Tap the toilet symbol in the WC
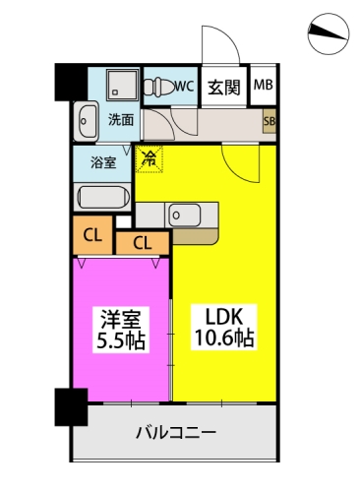click(x=157, y=86)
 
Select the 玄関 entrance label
click(x=223, y=87)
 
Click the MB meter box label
click(x=264, y=85)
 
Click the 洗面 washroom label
click(x=121, y=120)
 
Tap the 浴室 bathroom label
click(x=103, y=162)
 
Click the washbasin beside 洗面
click(x=86, y=120)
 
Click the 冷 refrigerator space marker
click(x=150, y=157)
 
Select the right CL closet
click(x=142, y=242)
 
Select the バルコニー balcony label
click(x=175, y=432)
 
